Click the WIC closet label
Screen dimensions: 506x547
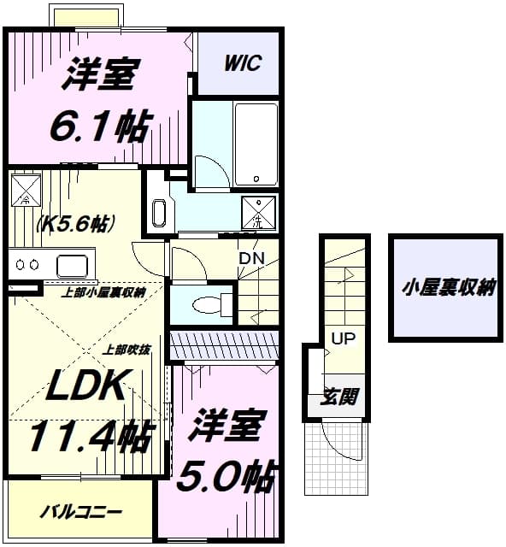pos(243,63)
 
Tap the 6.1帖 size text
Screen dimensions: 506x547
pos(102,126)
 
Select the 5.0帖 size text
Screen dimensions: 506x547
pos(226,476)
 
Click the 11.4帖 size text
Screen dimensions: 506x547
pos(91,435)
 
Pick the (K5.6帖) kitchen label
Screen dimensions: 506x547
pos(75,224)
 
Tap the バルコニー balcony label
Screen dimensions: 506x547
pos(81,513)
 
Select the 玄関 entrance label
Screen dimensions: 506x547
pos(338,397)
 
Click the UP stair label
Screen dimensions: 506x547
pos(344,338)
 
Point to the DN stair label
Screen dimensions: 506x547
pos(251,258)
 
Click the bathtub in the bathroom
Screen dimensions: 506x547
pos(256,144)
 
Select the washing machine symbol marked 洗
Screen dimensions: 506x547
pos(259,213)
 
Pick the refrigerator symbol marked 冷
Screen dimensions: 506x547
pos(26,190)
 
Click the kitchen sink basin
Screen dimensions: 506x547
pos(72,266)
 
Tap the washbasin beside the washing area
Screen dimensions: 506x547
pos(159,213)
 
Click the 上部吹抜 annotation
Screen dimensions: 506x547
pos(126,350)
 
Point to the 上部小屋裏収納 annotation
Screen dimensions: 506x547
pos(103,292)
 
